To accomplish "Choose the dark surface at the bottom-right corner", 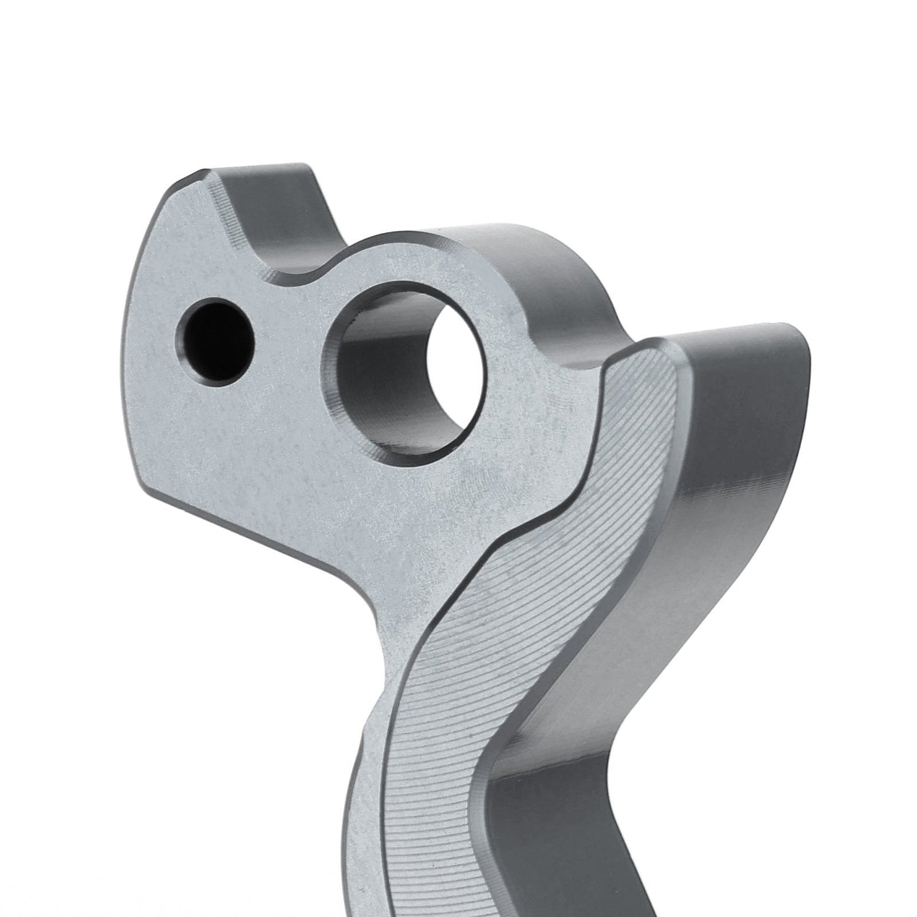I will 876,888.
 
